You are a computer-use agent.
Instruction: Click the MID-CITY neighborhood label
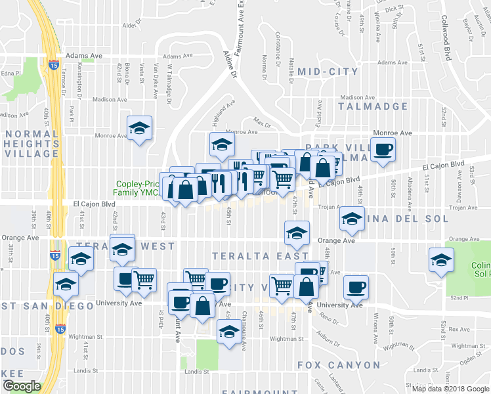pos(328,72)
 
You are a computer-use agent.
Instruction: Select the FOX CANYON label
pos(339,364)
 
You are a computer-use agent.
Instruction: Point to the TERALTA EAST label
pos(260,255)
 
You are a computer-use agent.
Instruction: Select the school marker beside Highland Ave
pos(222,144)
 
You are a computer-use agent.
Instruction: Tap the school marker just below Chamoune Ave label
pos(228,331)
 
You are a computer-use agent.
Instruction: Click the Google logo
pos(22,386)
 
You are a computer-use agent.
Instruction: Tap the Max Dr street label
pos(263,123)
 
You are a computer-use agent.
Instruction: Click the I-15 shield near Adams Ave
pos(53,64)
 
